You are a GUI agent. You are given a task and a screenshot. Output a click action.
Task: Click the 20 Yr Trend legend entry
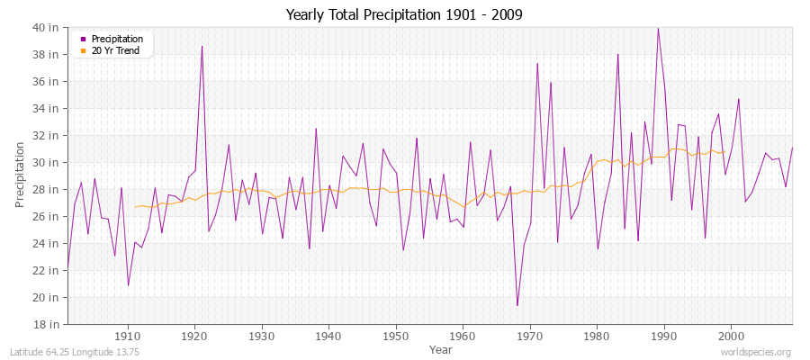[113, 50]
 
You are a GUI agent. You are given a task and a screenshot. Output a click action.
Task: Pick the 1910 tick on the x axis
[128, 335]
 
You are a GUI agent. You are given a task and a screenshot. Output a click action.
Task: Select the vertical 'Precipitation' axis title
[20, 174]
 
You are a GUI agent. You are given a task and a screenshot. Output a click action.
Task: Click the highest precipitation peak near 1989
[658, 28]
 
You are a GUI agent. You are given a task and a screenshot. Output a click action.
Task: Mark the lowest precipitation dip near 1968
[517, 305]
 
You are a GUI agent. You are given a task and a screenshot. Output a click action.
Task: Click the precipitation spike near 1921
[202, 46]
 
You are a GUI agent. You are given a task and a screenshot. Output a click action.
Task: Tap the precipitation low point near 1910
[128, 285]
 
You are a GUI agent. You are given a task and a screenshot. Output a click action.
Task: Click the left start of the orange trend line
[134, 207]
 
